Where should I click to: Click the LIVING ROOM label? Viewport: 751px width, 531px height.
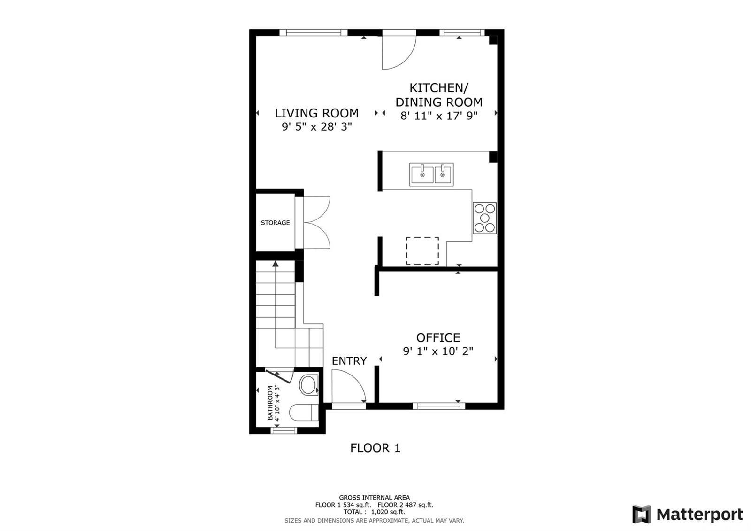tap(316, 113)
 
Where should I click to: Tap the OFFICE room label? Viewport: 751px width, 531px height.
tap(438, 337)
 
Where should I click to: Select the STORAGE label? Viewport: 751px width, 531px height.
tap(275, 223)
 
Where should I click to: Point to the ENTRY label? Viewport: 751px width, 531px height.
tap(349, 361)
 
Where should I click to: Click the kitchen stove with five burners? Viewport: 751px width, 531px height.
tap(484, 218)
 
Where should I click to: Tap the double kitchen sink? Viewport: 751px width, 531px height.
tap(431, 174)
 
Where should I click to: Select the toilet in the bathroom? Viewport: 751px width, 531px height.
tap(304, 412)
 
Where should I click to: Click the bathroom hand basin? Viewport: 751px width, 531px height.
tap(308, 385)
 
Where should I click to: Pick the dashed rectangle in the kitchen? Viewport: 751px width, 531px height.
tap(422, 251)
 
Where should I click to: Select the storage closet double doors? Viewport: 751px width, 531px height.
tap(317, 223)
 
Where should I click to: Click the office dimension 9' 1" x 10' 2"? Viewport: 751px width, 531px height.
tap(438, 351)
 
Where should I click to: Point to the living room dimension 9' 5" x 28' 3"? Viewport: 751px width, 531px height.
tap(317, 127)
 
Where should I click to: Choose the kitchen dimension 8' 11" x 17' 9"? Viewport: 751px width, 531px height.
tap(439, 116)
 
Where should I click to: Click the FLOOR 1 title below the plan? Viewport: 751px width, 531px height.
tap(375, 448)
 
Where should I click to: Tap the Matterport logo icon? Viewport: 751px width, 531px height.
tap(642, 515)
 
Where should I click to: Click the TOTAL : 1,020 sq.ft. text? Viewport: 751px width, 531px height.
tap(374, 512)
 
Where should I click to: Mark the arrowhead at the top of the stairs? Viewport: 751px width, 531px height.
tap(276, 264)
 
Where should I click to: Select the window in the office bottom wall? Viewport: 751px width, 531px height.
tap(439, 406)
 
